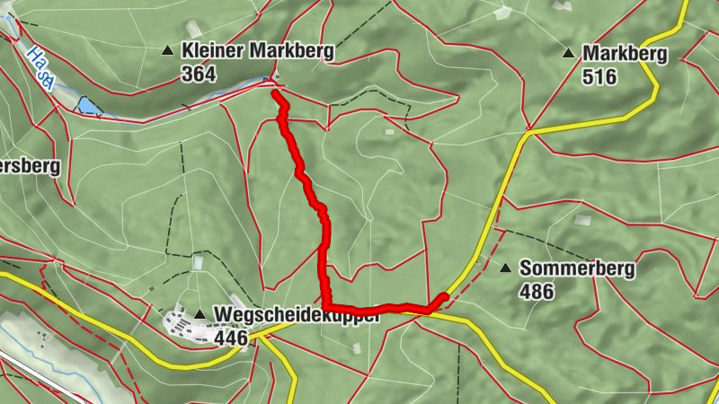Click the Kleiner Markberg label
[257, 51]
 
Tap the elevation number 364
[199, 75]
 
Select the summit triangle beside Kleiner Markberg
[167, 51]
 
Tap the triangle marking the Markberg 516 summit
[568, 54]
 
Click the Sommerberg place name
[577, 268]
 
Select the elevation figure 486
[536, 291]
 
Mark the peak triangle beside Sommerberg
[505, 268]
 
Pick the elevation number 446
[231, 337]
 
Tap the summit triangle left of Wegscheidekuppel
[199, 314]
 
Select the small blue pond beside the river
[89, 107]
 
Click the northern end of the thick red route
[274, 91]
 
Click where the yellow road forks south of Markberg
[528, 133]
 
